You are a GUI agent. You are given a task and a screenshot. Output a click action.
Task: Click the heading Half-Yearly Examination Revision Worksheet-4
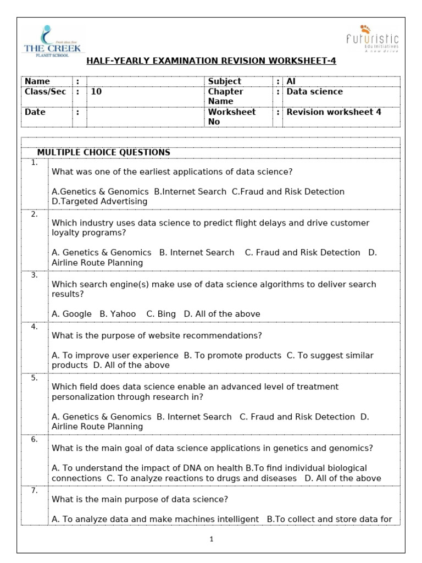(x=211, y=60)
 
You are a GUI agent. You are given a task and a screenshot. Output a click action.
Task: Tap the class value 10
(x=96, y=92)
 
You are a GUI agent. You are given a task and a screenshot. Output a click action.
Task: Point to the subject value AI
(x=291, y=81)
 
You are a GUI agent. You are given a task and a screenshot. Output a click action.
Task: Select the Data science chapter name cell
(x=314, y=92)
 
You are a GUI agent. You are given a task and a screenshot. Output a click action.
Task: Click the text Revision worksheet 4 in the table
(x=334, y=112)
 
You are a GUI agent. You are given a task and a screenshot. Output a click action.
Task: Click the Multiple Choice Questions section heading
(x=103, y=152)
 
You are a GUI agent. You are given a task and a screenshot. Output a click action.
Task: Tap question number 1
(x=35, y=163)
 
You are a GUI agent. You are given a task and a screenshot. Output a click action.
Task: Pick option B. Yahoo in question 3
(x=118, y=314)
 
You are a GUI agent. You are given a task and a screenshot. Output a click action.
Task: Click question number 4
(x=35, y=327)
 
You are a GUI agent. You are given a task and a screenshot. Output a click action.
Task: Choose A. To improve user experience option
(x=115, y=356)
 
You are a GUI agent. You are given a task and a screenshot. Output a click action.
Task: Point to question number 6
(x=35, y=439)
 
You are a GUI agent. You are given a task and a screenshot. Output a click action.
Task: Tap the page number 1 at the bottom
(x=211, y=539)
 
